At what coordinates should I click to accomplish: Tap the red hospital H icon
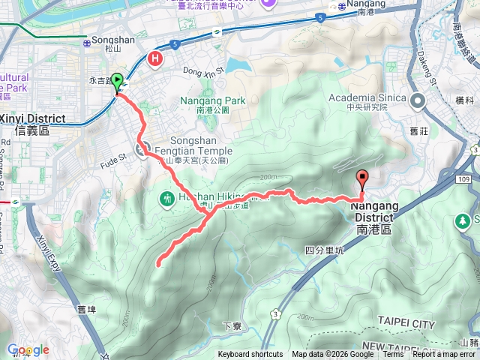click(155, 58)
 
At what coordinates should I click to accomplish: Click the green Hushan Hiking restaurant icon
click(166, 199)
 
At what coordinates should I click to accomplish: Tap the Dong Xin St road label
click(204, 70)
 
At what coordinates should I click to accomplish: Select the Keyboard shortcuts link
click(250, 355)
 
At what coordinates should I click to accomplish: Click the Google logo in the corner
click(28, 349)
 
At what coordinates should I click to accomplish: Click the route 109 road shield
click(463, 180)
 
